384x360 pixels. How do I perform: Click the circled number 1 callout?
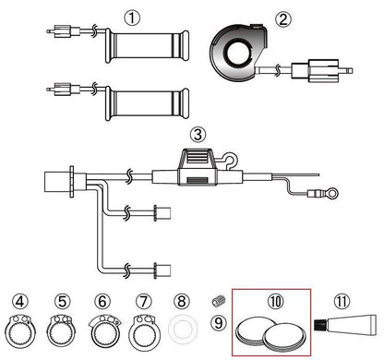tap(132, 18)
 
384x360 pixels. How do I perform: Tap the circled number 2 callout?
tap(282, 19)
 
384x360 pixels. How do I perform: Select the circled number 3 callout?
tap(198, 135)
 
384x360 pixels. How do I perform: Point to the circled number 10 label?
tap(276, 302)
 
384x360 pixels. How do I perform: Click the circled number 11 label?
tap(342, 302)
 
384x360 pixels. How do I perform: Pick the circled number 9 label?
tap(219, 323)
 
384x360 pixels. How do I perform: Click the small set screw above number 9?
tap(219, 301)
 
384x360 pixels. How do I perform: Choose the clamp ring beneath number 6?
tap(105, 333)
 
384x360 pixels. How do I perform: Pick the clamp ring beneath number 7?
tap(144, 332)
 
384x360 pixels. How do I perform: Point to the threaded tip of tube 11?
tap(320, 325)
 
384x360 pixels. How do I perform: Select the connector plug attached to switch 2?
tap(321, 71)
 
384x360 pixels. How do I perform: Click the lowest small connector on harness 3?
tap(162, 270)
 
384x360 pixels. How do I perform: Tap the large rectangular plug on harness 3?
tap(60, 182)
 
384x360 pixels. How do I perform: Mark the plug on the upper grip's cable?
tap(64, 31)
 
